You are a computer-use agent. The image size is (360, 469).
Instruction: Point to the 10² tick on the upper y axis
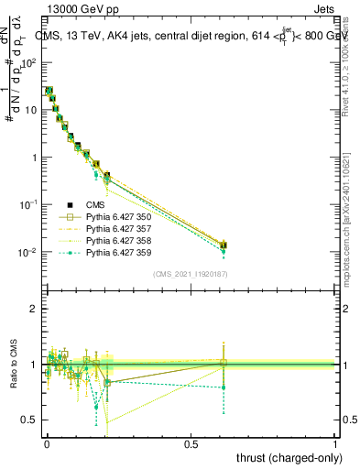point(29,62)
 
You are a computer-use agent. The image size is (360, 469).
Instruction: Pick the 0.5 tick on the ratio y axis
point(30,420)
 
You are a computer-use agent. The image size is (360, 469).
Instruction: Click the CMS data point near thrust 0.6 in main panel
point(224,245)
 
